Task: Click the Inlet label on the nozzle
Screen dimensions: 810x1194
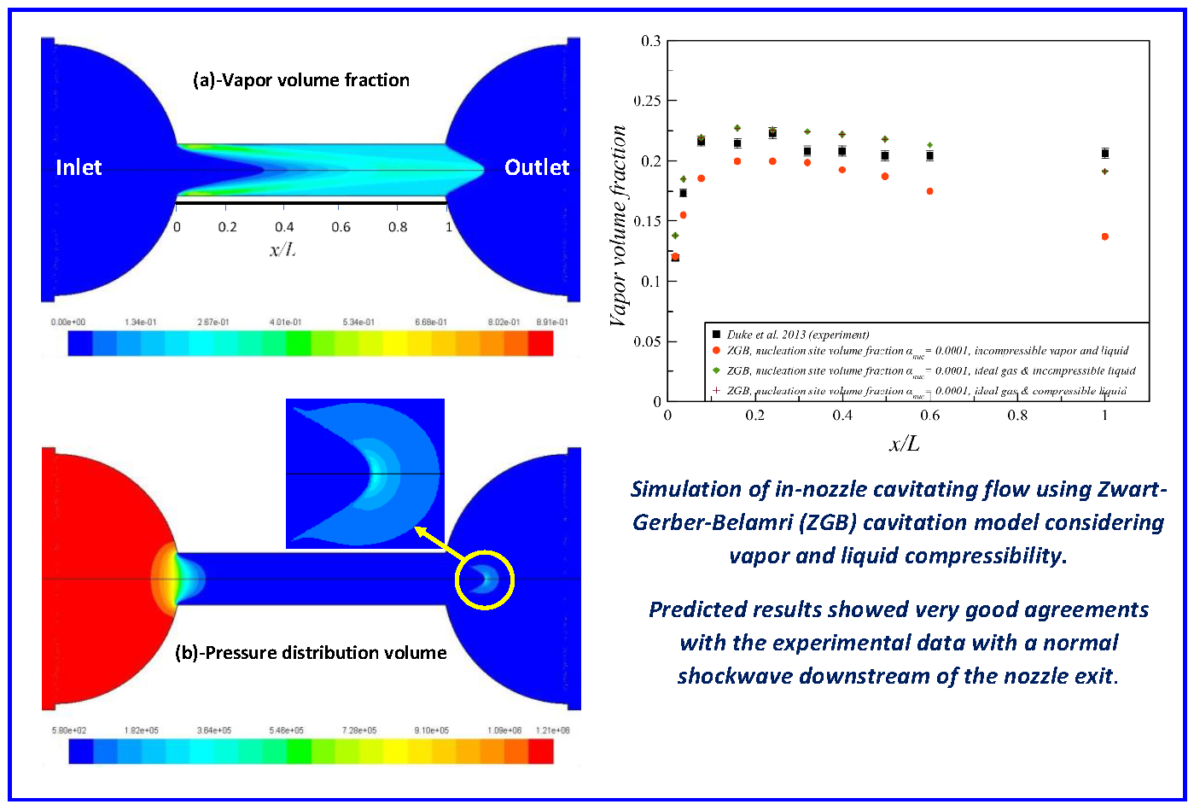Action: pyautogui.click(x=79, y=167)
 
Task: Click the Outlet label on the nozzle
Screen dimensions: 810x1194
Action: pyautogui.click(x=536, y=167)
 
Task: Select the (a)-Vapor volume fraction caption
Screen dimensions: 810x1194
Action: pyautogui.click(x=301, y=80)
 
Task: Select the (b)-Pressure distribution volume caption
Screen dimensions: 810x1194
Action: pyautogui.click(x=311, y=653)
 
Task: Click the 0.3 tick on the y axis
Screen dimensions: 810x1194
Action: pyautogui.click(x=650, y=41)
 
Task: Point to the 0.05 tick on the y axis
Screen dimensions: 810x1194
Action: pyautogui.click(x=648, y=341)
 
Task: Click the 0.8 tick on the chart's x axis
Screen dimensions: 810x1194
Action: pyautogui.click(x=1017, y=416)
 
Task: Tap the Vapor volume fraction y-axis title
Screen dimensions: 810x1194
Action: pyautogui.click(x=618, y=226)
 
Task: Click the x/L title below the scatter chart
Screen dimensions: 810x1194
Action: pyautogui.click(x=905, y=444)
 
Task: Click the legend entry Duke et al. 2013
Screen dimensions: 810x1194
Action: pyautogui.click(x=797, y=335)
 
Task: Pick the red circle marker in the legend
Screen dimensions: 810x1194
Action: pyautogui.click(x=716, y=351)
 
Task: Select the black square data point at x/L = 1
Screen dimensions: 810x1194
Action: pyautogui.click(x=1105, y=154)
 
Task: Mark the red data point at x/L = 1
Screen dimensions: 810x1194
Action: pyautogui.click(x=1105, y=236)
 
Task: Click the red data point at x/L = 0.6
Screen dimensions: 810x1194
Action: pyautogui.click(x=929, y=191)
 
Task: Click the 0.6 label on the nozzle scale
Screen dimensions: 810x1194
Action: pyautogui.click(x=341, y=227)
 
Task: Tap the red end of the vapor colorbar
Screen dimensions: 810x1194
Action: pyautogui.click(x=540, y=343)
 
